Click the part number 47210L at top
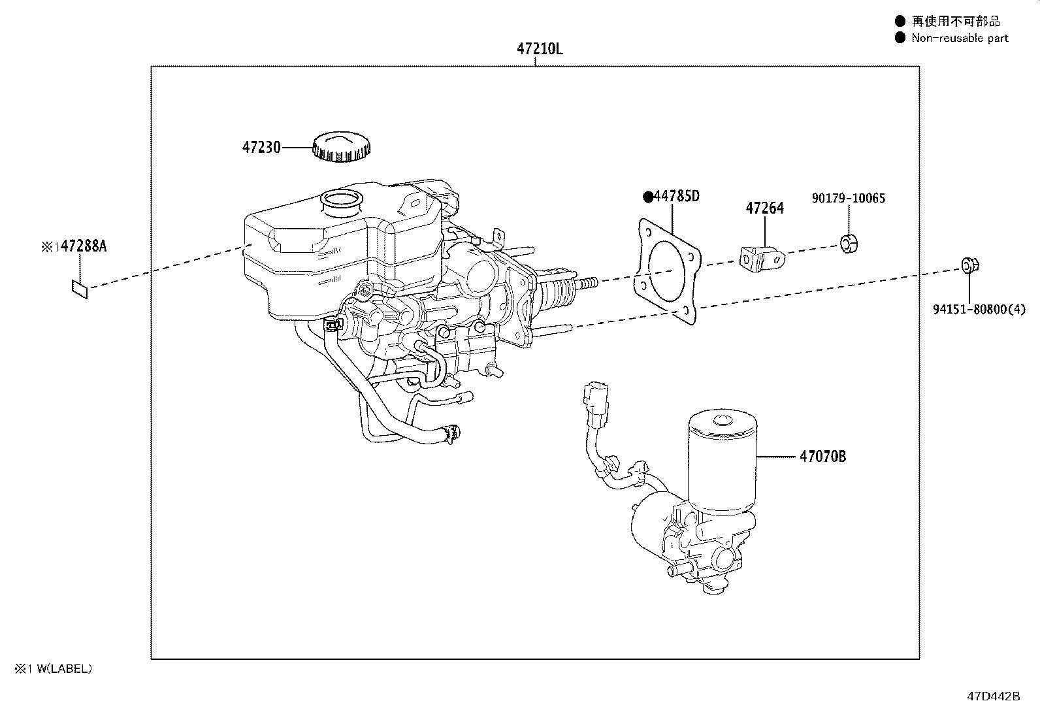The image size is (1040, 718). (539, 49)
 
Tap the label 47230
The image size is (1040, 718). (261, 148)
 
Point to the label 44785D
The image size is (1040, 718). (677, 196)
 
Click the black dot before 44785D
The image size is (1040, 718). (648, 197)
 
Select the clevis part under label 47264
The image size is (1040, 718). (763, 259)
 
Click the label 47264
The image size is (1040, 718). (764, 208)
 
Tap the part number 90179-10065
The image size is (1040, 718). (849, 198)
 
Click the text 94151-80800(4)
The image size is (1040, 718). (979, 310)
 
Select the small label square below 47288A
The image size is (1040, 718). (80, 287)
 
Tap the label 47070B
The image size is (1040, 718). (822, 457)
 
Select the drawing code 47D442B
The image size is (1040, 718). (993, 696)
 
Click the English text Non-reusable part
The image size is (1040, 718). (960, 38)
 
